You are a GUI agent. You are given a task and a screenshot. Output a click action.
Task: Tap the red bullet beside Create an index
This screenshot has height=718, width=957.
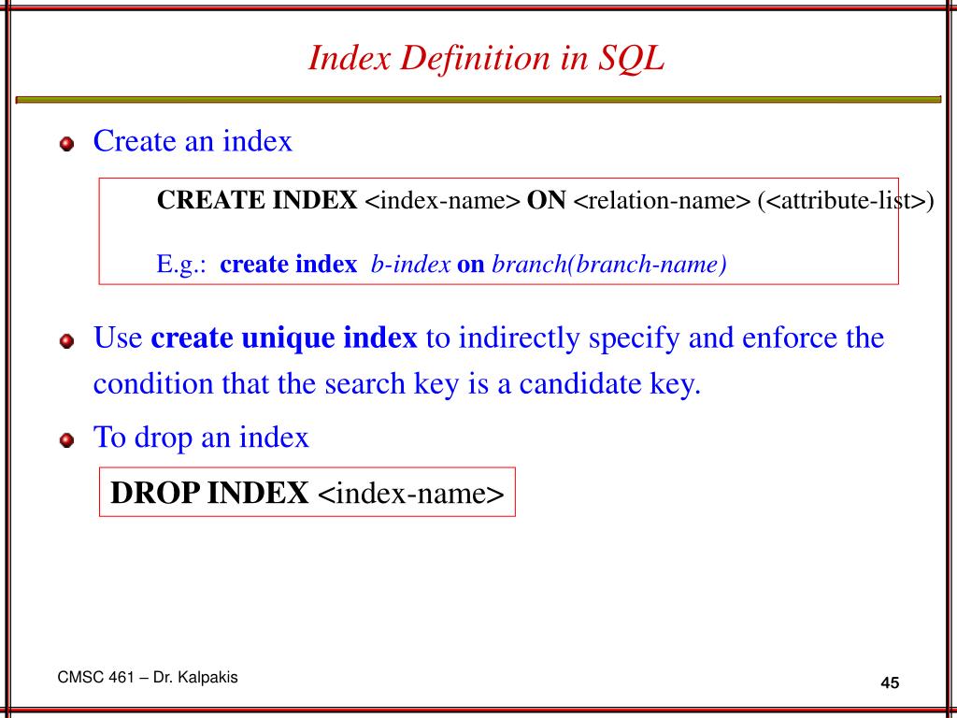coord(65,145)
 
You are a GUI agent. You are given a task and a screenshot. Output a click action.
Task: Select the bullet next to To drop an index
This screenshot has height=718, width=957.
coord(65,440)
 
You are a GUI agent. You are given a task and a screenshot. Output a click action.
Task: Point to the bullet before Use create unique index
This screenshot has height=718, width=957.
coord(65,340)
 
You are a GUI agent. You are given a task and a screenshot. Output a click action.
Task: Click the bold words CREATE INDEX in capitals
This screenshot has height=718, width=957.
coord(257,201)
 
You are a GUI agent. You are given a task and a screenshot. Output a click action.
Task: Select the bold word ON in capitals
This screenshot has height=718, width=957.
coord(547,201)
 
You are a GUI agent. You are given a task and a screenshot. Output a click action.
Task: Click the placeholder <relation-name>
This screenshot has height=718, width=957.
coord(662,201)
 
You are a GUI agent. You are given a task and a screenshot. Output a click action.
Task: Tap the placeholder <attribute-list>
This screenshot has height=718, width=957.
coord(846,201)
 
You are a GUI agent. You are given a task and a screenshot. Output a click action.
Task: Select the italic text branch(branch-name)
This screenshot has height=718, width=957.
coord(608,265)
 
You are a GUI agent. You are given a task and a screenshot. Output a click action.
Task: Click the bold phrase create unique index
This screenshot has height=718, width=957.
coord(284,337)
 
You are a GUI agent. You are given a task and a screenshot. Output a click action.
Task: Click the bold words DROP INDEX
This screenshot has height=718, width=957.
coord(210,493)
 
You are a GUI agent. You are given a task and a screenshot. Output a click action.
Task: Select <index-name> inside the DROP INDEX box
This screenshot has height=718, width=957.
coord(411,493)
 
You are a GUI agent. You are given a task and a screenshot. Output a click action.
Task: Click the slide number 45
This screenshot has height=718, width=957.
coord(889,683)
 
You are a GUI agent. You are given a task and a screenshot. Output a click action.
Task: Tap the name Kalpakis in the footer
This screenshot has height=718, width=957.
coord(208,678)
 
